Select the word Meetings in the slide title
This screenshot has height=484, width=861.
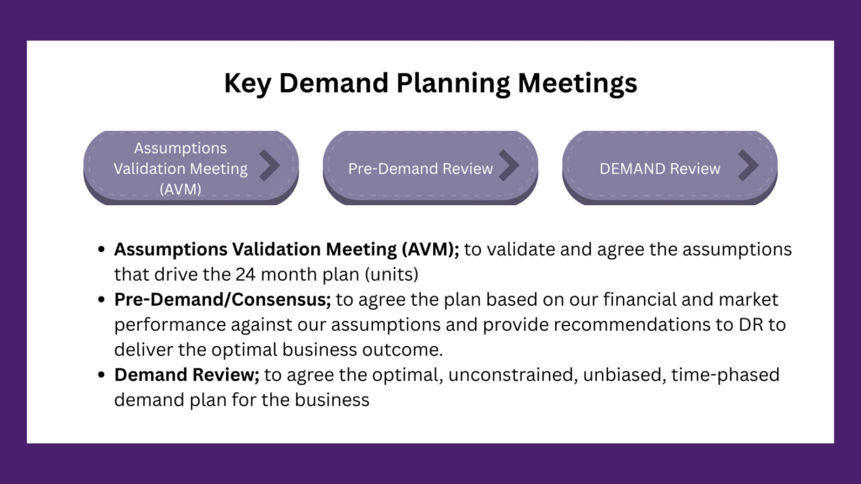tap(577, 84)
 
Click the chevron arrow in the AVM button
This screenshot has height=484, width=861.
tap(270, 166)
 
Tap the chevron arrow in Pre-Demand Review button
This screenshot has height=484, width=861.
tap(509, 166)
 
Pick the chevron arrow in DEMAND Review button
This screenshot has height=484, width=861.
tap(748, 166)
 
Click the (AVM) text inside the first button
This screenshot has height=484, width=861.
tap(181, 189)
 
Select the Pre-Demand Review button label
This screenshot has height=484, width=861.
tap(420, 168)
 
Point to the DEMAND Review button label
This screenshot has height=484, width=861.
tap(660, 168)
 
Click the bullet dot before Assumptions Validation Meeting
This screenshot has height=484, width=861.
tap(101, 250)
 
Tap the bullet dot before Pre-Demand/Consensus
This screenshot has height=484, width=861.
tap(101, 300)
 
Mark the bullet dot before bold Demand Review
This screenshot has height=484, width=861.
tap(101, 375)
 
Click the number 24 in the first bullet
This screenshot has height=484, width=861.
tap(246, 275)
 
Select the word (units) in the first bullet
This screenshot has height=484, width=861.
tap(392, 275)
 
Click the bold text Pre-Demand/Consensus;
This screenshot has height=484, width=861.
tap(222, 300)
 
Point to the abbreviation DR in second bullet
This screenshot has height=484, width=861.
tap(751, 324)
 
